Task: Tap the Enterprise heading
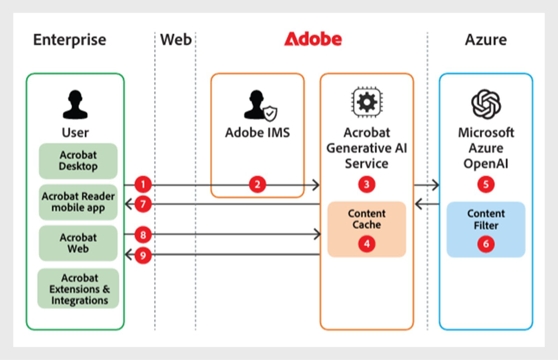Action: pyautogui.click(x=70, y=40)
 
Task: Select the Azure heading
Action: pyautogui.click(x=486, y=40)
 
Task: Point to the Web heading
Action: pyautogui.click(x=176, y=40)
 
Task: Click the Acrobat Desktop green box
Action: pyautogui.click(x=78, y=161)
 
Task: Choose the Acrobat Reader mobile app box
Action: pyautogui.click(x=78, y=202)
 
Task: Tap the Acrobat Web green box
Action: pyautogui.click(x=78, y=243)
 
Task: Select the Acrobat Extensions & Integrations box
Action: pyautogui.click(x=78, y=289)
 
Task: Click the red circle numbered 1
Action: pyautogui.click(x=143, y=184)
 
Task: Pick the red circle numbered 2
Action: pyautogui.click(x=257, y=184)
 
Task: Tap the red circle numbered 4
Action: pyautogui.click(x=367, y=244)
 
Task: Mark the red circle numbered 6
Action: pyautogui.click(x=486, y=244)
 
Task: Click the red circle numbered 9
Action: pyautogui.click(x=143, y=255)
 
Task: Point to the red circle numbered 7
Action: pyautogui.click(x=143, y=204)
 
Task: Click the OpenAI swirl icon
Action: pyautogui.click(x=486, y=104)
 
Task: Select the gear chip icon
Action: pyautogui.click(x=367, y=102)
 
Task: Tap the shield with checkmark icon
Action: pyautogui.click(x=270, y=114)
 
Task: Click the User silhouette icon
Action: pyautogui.click(x=75, y=104)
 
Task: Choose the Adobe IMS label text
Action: pyautogui.click(x=258, y=132)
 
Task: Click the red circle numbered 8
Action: pyautogui.click(x=143, y=235)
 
